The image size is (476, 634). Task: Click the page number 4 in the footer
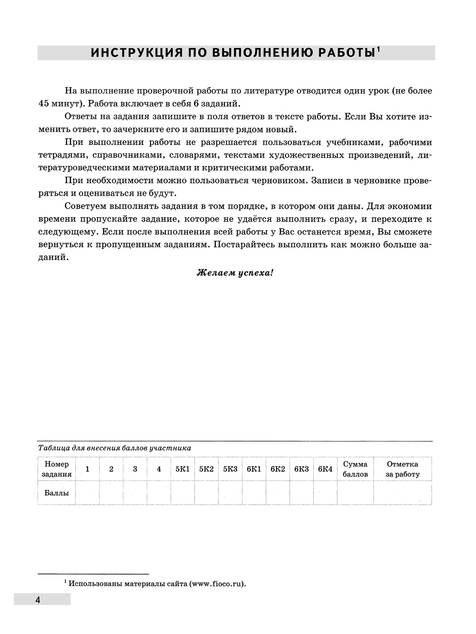(38, 600)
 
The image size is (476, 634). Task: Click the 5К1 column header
(182, 469)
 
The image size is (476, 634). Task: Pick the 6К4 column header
(325, 469)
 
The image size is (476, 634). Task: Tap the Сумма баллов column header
(355, 469)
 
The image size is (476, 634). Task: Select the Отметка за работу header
(402, 469)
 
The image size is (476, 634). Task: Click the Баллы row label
(57, 493)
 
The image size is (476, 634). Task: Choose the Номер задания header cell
(57, 469)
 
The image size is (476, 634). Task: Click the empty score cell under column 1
(87, 493)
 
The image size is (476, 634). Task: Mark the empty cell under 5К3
(230, 493)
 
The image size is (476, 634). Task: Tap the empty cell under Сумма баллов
(355, 493)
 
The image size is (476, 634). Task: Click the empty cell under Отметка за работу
(402, 493)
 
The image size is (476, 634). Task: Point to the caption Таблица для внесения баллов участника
(115, 448)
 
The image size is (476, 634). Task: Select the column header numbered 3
(135, 469)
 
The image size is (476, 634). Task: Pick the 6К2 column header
(278, 469)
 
